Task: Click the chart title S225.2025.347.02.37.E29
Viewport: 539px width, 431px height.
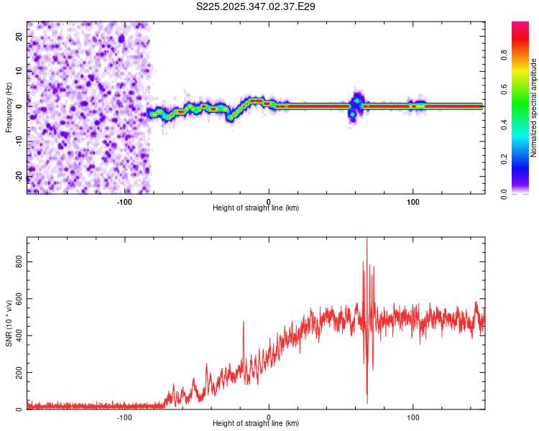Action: [256, 6]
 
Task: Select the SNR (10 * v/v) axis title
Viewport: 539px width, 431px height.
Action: [9, 323]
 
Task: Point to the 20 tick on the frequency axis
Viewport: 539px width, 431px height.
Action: [19, 35]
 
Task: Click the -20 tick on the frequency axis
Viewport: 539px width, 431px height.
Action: [19, 175]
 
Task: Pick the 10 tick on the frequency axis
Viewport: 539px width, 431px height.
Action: [19, 70]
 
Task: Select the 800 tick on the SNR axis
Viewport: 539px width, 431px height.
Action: [19, 263]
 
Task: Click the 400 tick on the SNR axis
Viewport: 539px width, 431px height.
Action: [19, 336]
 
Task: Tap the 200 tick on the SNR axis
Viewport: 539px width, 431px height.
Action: [19, 373]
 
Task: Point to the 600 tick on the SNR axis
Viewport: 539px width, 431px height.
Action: [19, 300]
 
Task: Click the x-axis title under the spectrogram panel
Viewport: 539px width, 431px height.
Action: [256, 208]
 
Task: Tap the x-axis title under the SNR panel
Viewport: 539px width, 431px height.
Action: [256, 424]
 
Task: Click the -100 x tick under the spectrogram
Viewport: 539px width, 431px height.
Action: [124, 201]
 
